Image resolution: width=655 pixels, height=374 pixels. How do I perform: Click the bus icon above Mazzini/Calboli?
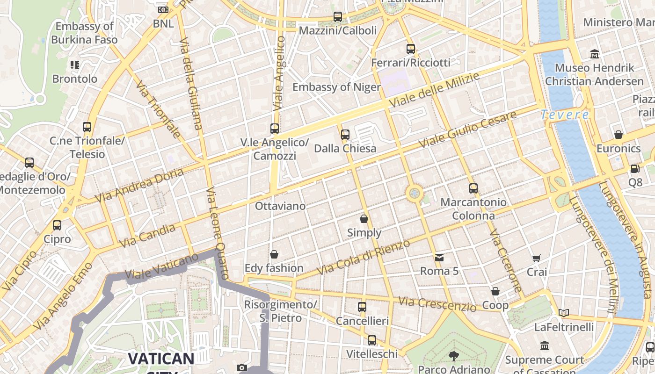337,17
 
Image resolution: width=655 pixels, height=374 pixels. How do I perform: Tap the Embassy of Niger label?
336,87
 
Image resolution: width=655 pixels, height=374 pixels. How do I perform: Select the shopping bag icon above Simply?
364,218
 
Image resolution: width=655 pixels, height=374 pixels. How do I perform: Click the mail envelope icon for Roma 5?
439,257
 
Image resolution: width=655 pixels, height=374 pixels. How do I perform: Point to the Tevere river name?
565,115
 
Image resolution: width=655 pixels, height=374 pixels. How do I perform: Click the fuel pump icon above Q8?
635,169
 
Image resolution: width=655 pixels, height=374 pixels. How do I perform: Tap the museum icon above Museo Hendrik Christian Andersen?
594,54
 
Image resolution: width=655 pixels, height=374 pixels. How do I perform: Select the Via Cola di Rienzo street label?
364,257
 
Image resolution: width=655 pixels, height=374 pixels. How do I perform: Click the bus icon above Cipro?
57,225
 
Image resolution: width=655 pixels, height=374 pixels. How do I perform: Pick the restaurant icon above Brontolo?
75,65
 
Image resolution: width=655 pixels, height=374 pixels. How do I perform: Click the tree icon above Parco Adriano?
453,356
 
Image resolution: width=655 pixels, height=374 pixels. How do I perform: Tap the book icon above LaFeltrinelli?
564,313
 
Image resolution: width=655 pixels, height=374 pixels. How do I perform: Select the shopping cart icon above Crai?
537,258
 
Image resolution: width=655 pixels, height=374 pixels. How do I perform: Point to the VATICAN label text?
161,359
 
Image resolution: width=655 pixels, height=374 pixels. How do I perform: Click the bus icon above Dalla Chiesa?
345,135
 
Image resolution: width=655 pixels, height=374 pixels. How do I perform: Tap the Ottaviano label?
280,206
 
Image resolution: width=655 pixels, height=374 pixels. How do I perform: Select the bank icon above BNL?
163,9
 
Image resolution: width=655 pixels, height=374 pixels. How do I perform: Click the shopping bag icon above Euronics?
619,135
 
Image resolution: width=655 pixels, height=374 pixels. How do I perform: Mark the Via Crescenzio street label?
437,304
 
